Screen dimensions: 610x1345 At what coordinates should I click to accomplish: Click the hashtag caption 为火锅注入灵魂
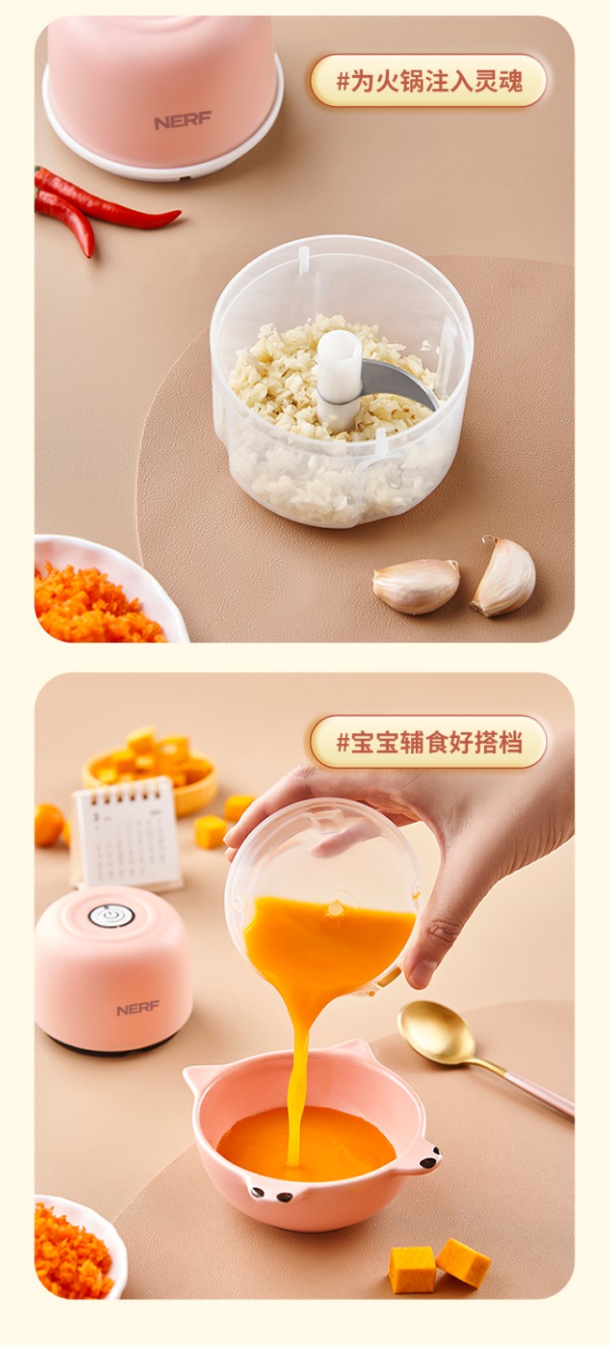tap(429, 81)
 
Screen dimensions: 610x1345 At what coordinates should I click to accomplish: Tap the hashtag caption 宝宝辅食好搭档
tap(429, 742)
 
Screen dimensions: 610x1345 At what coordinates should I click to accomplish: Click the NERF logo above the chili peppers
tap(182, 121)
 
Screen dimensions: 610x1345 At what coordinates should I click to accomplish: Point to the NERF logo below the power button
tap(138, 1009)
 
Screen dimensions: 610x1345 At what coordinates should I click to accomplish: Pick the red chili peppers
tap(96, 206)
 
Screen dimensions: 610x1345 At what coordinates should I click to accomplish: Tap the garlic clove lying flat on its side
tap(416, 585)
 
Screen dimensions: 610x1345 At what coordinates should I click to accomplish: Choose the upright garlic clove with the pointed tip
tap(503, 576)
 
